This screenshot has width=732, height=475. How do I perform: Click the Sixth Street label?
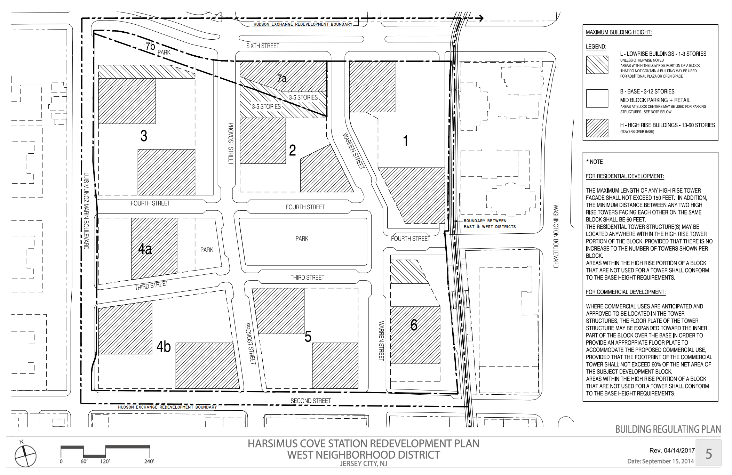click(263, 46)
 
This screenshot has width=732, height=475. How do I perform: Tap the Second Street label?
click(311, 401)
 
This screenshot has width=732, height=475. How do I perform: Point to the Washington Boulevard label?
click(556, 236)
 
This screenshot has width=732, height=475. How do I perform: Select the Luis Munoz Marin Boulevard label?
click(86, 211)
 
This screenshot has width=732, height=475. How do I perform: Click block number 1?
click(405, 141)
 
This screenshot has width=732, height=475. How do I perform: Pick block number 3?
click(144, 136)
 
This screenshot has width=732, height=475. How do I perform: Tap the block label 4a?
click(145, 249)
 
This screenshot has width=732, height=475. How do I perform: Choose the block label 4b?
click(164, 347)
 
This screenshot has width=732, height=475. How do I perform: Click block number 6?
click(414, 325)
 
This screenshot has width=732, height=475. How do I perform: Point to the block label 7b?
click(150, 46)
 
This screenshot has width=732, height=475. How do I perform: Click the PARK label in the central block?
click(302, 239)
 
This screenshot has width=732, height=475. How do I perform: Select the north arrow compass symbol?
click(25, 456)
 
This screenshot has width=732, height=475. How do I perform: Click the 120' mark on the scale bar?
click(105, 461)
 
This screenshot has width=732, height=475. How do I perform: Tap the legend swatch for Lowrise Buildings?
click(597, 65)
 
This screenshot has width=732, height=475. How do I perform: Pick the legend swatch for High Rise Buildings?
click(597, 128)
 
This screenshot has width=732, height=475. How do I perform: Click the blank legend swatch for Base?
click(597, 98)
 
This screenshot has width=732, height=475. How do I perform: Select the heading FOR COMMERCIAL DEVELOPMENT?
click(626, 292)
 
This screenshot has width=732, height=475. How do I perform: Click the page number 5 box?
click(708, 453)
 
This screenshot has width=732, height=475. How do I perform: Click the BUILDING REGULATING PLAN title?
click(668, 429)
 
